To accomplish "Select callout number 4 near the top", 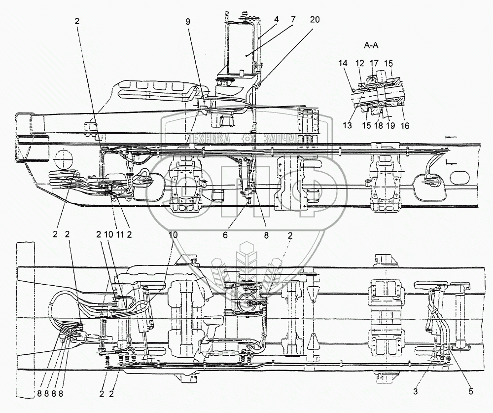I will [277, 20].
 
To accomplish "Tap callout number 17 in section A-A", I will [375, 64].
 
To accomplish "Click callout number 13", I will [347, 125].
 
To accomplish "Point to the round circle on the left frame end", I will [63, 161].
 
